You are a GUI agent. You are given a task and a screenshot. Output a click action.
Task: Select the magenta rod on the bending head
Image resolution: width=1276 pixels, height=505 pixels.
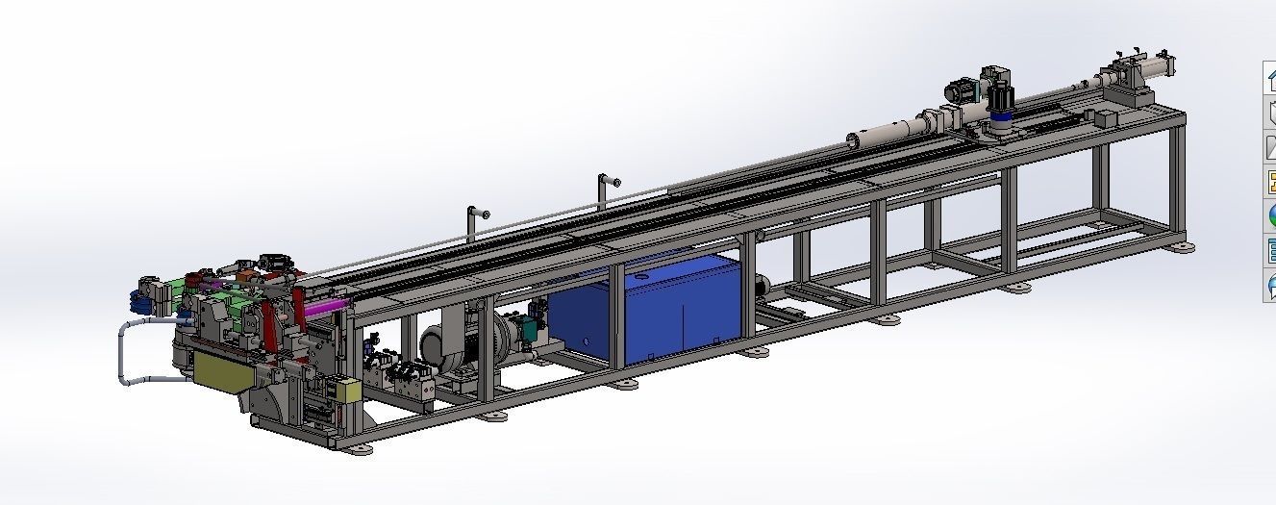(x=327, y=305)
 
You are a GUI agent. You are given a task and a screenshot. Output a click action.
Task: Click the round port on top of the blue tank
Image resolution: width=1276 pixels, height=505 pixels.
(x=637, y=277)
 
